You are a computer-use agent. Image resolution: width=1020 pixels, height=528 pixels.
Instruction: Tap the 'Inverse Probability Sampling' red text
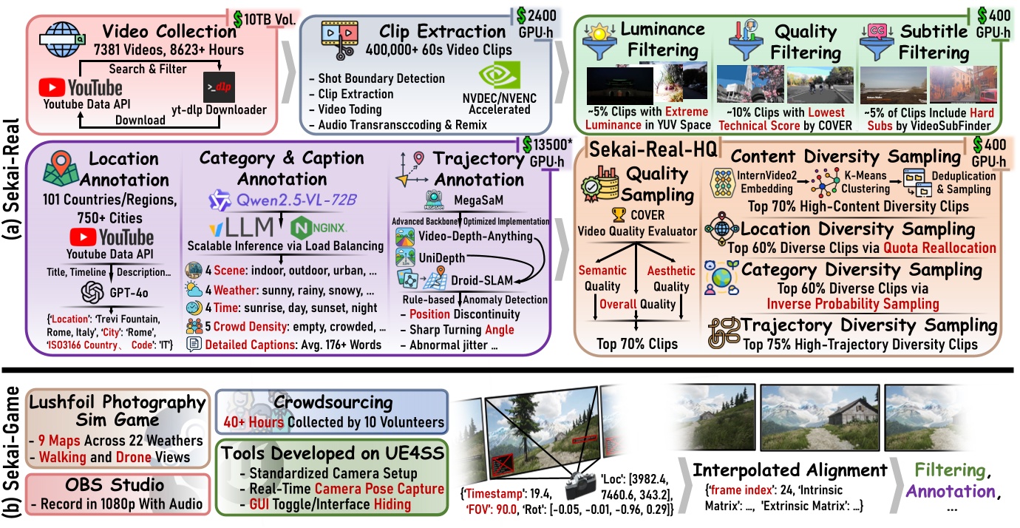click(853, 303)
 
